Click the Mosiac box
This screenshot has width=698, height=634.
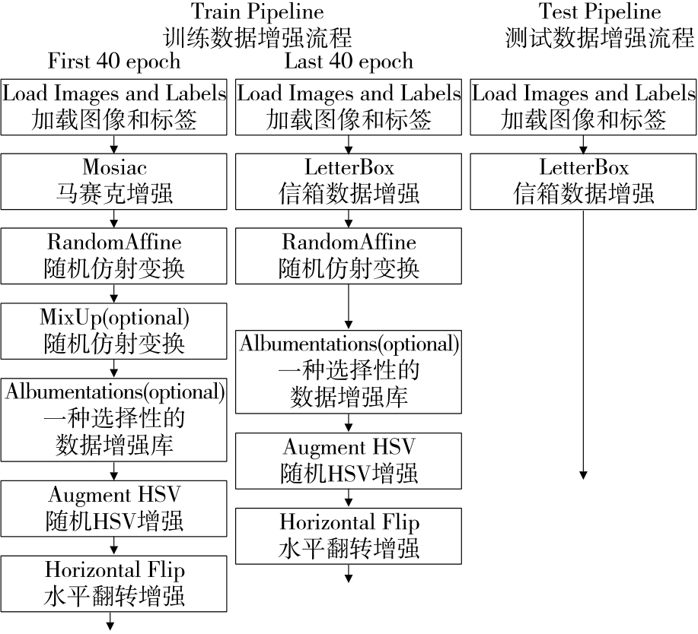(x=114, y=181)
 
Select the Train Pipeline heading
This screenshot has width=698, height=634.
(x=257, y=24)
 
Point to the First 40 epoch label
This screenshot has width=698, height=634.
(x=114, y=61)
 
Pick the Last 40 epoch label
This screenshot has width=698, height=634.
(x=349, y=61)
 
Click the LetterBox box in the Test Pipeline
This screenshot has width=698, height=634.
(x=583, y=181)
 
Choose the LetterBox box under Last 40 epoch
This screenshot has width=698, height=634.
(x=349, y=181)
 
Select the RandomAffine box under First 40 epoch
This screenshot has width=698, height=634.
(x=114, y=256)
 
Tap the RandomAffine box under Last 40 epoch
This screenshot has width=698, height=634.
(x=349, y=256)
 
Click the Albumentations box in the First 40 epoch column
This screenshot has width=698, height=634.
(x=114, y=419)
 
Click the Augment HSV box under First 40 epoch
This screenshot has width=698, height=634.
(x=114, y=508)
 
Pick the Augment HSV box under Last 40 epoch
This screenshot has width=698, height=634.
(x=349, y=461)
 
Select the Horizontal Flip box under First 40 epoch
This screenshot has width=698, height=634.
(x=114, y=583)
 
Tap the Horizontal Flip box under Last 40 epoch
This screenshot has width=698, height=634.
(x=349, y=536)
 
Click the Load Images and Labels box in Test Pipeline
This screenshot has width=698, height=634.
(x=583, y=106)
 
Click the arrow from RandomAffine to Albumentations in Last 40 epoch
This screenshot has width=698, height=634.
(x=349, y=305)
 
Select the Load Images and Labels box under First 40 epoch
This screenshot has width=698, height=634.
(x=114, y=106)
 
